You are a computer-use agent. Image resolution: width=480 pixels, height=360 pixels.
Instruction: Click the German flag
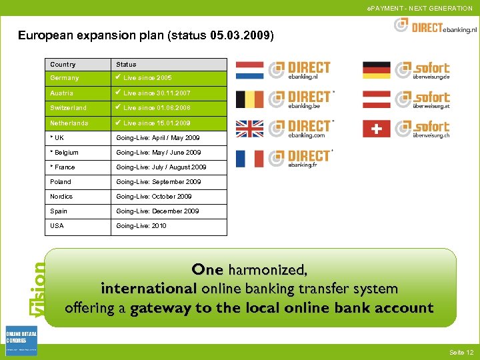(x=377, y=70)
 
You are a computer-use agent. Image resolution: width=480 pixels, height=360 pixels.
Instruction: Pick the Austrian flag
(x=377, y=99)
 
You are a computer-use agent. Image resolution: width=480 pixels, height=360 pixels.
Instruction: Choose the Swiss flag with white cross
(x=377, y=129)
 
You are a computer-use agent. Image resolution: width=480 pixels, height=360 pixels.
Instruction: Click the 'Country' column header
(x=63, y=65)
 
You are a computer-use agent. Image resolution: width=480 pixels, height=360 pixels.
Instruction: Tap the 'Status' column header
(x=126, y=65)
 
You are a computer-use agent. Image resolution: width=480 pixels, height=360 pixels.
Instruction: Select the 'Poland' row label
(x=61, y=181)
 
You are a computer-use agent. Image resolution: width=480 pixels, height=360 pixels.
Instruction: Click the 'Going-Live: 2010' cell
(x=141, y=225)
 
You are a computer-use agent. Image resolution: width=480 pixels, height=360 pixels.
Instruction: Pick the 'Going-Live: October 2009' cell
(x=154, y=196)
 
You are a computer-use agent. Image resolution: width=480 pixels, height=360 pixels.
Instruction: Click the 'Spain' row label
(x=59, y=211)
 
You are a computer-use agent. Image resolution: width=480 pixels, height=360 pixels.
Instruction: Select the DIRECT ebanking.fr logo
(x=300, y=158)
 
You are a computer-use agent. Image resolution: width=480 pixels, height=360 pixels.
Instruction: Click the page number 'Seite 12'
(x=461, y=352)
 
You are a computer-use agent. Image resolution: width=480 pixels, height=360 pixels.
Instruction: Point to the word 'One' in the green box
(x=207, y=270)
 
